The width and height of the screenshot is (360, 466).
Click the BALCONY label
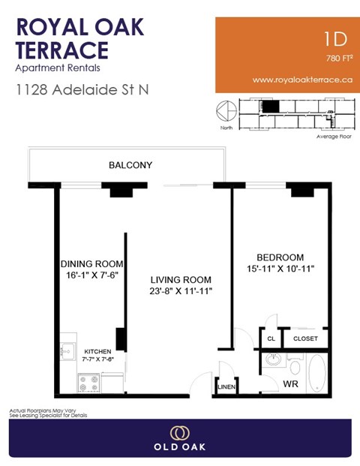tap(130, 165)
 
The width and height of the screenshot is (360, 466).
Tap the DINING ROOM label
tap(91, 264)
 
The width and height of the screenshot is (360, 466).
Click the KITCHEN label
tap(97, 351)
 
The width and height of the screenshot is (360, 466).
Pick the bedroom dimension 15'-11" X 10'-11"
tap(279, 269)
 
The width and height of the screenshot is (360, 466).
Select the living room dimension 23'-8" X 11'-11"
tap(180, 292)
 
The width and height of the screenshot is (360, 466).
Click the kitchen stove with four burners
tap(87, 382)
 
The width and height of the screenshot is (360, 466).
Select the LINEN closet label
tap(226, 387)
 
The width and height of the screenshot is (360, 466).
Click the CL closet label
tap(271, 339)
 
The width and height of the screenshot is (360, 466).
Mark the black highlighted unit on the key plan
tap(269, 106)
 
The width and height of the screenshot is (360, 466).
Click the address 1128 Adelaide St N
tap(82, 89)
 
